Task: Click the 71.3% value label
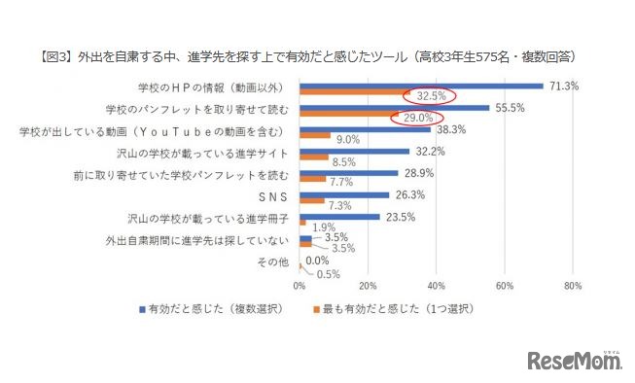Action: click(x=563, y=86)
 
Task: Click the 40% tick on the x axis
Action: click(x=436, y=286)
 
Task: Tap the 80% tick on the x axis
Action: click(x=572, y=286)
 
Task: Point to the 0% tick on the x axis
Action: click(x=300, y=286)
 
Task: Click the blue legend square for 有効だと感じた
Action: click(x=142, y=309)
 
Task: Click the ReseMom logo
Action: click(x=575, y=361)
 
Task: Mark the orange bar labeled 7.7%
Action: click(x=313, y=180)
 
